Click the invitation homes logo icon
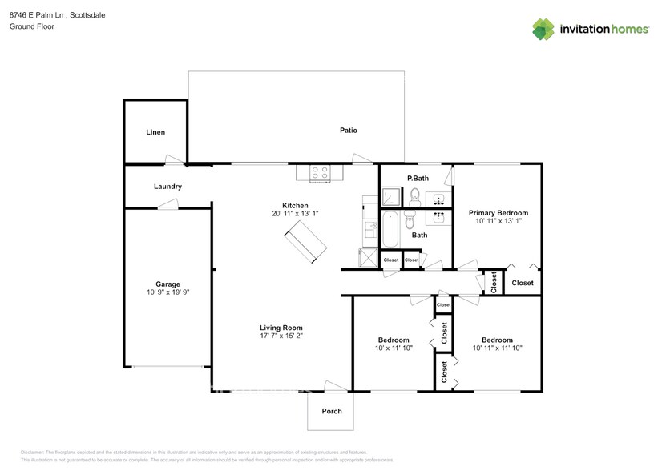[x=544, y=29]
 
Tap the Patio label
[x=348, y=130]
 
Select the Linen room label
[x=155, y=132]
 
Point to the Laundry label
[x=168, y=187]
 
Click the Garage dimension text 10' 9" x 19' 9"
[x=168, y=293]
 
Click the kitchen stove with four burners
[x=320, y=171]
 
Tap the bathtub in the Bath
[x=391, y=230]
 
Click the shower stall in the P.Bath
[x=391, y=197]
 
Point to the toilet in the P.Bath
[x=414, y=195]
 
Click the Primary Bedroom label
[x=498, y=213]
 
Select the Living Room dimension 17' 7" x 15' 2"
[x=281, y=336]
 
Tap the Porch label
[x=331, y=411]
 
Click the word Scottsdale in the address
[x=87, y=15]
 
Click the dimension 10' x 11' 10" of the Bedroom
[x=393, y=348]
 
